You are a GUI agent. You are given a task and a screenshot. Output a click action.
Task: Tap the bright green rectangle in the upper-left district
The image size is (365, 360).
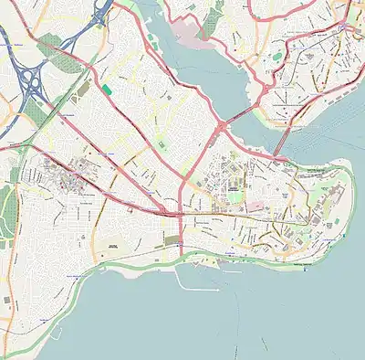click(x=106, y=90)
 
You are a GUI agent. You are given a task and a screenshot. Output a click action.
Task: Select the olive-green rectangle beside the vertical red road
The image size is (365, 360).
click(x=172, y=239)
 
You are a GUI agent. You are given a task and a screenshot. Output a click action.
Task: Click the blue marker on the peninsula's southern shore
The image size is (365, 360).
click(x=279, y=271)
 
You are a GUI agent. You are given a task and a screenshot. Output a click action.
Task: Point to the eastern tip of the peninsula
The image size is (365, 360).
click(x=351, y=174)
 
